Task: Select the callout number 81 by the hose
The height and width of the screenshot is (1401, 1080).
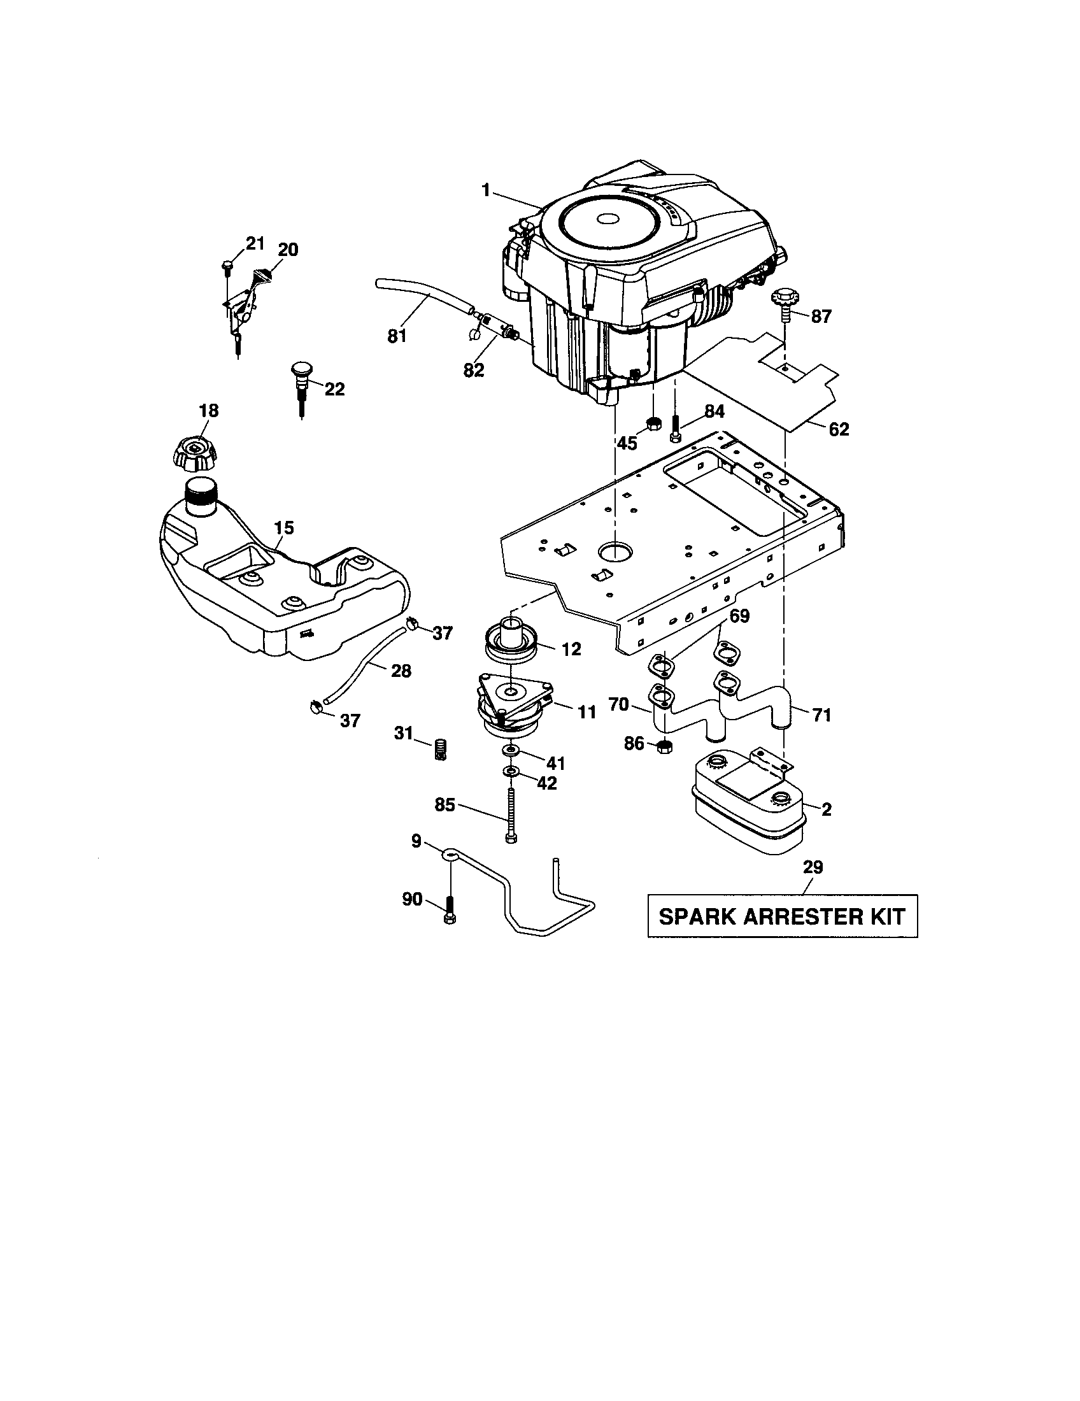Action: pyautogui.click(x=397, y=336)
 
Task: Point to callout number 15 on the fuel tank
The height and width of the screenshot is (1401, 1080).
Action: pyautogui.click(x=284, y=528)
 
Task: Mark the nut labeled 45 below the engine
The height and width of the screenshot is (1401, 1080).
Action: pyautogui.click(x=653, y=423)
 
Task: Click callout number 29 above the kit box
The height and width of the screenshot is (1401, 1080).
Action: pyautogui.click(x=813, y=867)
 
